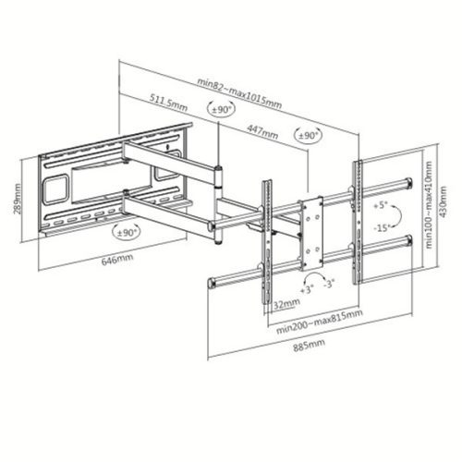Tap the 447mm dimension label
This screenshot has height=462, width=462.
[261, 133]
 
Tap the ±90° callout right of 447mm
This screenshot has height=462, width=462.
[307, 136]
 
